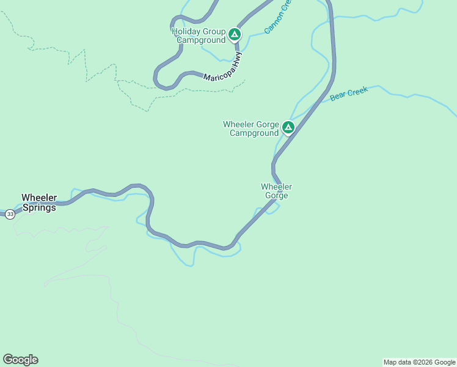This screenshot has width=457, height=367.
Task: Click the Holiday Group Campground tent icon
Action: click(235, 35)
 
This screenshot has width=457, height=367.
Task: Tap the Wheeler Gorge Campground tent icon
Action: click(288, 128)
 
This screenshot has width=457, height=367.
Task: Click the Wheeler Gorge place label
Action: click(277, 191)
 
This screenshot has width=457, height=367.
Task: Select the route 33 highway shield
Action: click(10, 214)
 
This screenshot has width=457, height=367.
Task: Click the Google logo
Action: click(20, 360)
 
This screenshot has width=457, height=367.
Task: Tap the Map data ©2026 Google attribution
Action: click(419, 362)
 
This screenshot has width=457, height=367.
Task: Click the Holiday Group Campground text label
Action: click(199, 35)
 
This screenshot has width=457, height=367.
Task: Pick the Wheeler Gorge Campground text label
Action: click(251, 128)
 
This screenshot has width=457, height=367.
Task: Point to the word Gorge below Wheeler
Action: click(276, 196)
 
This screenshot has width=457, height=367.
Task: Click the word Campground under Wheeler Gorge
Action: click(254, 133)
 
